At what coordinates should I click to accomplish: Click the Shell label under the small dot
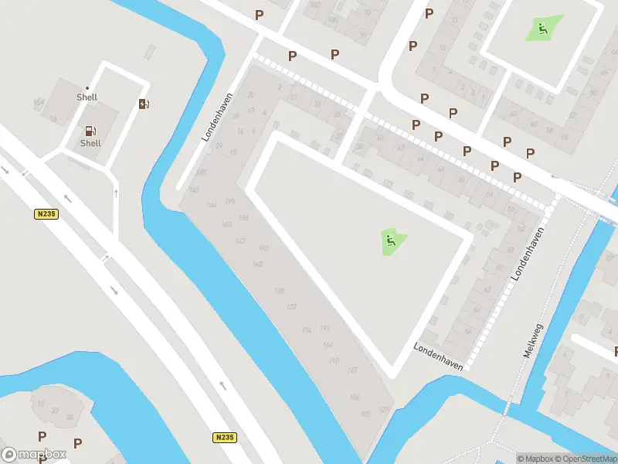click(87, 97)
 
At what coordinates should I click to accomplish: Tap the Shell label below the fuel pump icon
click(90, 143)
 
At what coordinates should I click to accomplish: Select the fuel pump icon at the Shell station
click(90, 131)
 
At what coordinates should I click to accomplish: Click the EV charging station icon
click(144, 104)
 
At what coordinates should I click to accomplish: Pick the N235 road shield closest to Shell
click(46, 214)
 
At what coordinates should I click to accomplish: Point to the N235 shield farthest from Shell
click(224, 438)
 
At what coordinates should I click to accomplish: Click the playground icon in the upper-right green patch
click(543, 29)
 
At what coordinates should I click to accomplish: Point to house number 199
click(230, 201)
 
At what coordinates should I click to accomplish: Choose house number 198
click(244, 219)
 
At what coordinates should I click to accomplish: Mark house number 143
click(226, 224)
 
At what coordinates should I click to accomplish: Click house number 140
click(258, 264)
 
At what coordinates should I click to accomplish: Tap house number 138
click(279, 290)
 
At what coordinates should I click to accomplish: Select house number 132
click(291, 307)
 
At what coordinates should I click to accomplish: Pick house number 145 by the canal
click(194, 190)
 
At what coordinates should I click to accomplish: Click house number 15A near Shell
click(39, 102)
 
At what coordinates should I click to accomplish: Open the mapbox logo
click(34, 454)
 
